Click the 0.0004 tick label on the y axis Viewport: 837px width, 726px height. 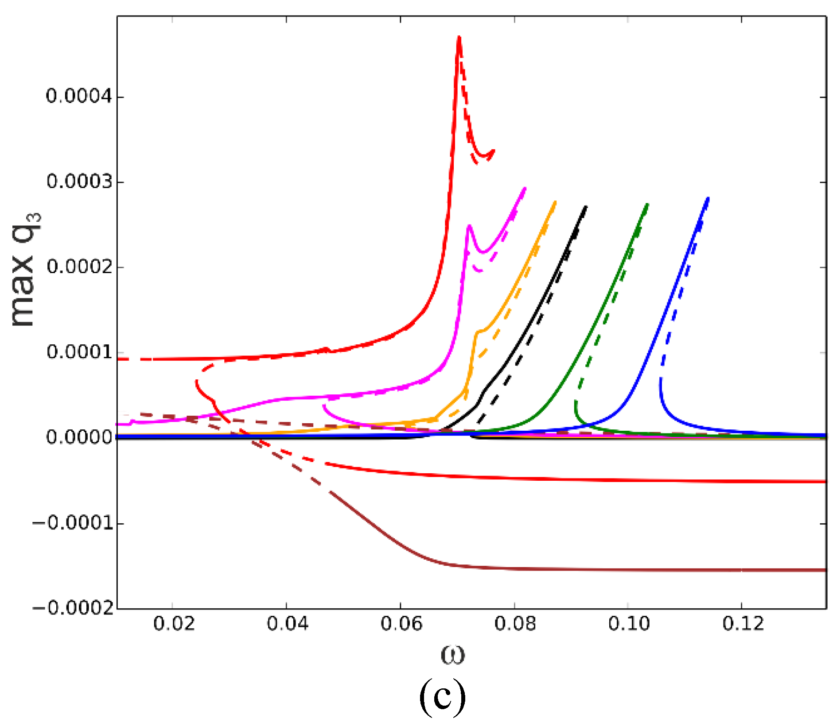(78, 97)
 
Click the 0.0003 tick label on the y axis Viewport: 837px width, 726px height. (78, 182)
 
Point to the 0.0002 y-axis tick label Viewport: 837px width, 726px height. (78, 267)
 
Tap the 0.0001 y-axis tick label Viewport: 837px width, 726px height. (78, 352)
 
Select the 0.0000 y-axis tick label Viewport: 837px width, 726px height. (78, 437)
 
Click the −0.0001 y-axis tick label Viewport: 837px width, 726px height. (73, 523)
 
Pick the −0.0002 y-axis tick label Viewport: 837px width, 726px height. (73, 608)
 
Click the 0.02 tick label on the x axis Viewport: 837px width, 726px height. (174, 624)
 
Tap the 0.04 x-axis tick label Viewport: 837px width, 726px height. (287, 624)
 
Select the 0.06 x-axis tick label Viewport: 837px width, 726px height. (401, 624)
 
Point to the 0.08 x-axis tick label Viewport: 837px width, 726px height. (515, 624)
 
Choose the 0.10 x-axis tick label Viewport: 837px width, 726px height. (628, 624)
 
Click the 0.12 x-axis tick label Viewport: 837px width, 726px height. (742, 624)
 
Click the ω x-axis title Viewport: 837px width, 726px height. (452, 654)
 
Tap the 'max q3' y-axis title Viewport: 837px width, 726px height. (24, 270)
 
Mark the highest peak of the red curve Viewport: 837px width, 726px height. (459, 38)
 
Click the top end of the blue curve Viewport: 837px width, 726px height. (708, 198)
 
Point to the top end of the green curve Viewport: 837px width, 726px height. (647, 205)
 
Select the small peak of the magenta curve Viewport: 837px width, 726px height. (469, 226)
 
